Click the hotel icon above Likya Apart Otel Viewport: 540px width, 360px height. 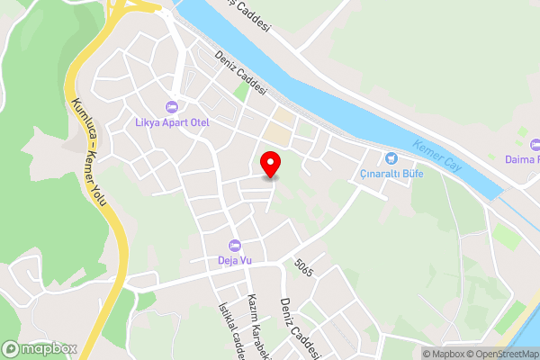(171, 107)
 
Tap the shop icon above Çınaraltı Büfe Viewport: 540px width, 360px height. (391, 158)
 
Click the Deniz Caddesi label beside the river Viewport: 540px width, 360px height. (241, 72)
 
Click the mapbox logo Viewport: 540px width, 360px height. (40, 348)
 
